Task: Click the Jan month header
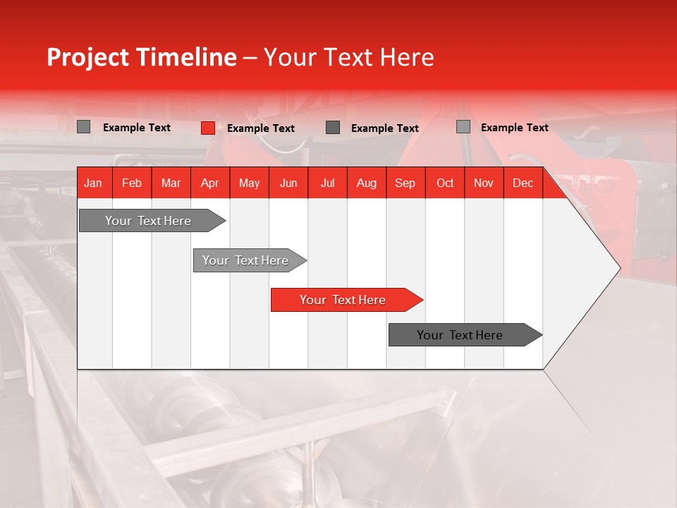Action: [x=93, y=183]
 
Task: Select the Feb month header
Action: [x=132, y=183]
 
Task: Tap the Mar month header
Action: [x=171, y=183]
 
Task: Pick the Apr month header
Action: [x=209, y=183]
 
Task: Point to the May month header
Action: [x=249, y=183]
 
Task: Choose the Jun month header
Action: [x=288, y=183]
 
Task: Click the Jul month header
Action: [x=327, y=183]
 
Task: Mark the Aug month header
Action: [x=366, y=183]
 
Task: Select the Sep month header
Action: [x=405, y=183]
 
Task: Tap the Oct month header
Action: [x=445, y=183]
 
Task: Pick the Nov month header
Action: [x=484, y=183]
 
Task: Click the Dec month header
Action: [x=523, y=183]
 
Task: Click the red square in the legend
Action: [x=207, y=128]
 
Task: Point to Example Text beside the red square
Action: [x=261, y=128]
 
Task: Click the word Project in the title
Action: [x=88, y=57]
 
